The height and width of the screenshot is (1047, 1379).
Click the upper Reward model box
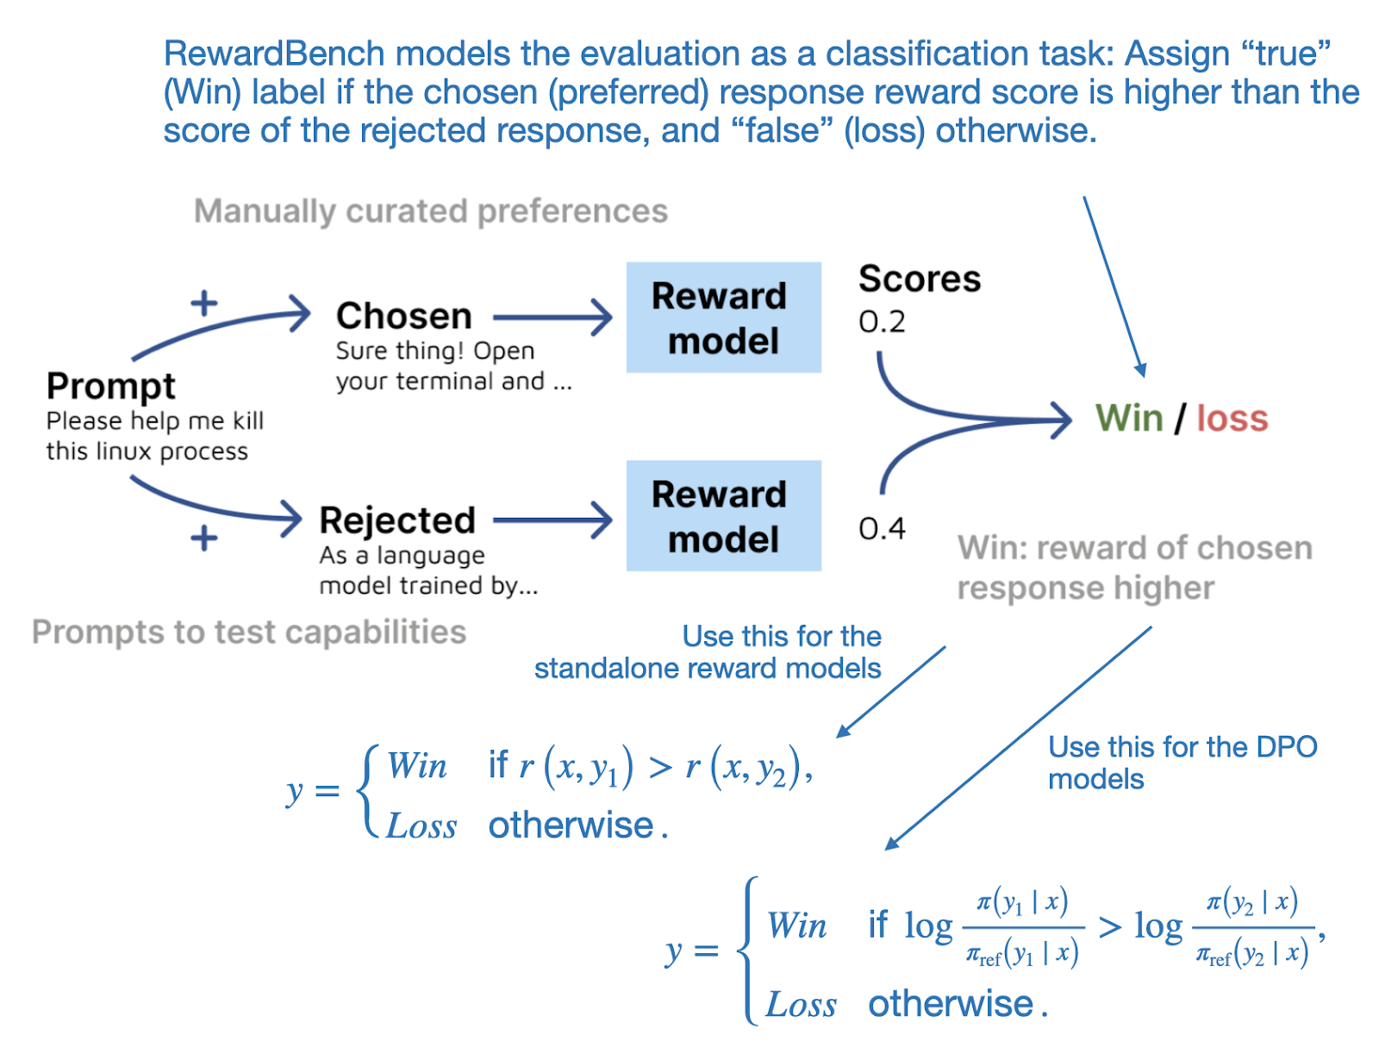(x=722, y=317)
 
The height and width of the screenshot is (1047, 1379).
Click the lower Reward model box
(x=722, y=515)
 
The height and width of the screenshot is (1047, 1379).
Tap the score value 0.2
(x=881, y=321)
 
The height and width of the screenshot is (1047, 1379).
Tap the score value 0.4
(x=881, y=528)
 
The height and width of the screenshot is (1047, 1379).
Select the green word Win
(x=1129, y=419)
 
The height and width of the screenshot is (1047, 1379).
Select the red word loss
(x=1232, y=419)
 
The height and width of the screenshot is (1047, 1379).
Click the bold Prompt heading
(x=110, y=385)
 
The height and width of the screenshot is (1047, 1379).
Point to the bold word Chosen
(x=403, y=315)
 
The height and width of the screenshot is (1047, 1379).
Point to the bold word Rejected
(x=396, y=520)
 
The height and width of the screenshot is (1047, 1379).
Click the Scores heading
(x=919, y=279)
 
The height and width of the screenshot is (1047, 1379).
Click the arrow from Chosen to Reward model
(x=552, y=317)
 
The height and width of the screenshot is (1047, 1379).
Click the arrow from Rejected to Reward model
(x=552, y=520)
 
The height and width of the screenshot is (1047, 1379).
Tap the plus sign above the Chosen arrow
(x=203, y=303)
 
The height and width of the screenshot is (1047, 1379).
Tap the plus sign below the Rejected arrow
(x=203, y=539)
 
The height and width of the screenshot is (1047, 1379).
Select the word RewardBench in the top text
(x=273, y=53)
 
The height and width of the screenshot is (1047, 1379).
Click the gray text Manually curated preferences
(x=430, y=211)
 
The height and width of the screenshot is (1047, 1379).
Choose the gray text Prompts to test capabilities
(x=248, y=632)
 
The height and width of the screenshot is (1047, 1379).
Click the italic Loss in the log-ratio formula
(x=801, y=1005)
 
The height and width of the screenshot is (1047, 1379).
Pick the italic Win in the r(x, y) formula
(x=416, y=765)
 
